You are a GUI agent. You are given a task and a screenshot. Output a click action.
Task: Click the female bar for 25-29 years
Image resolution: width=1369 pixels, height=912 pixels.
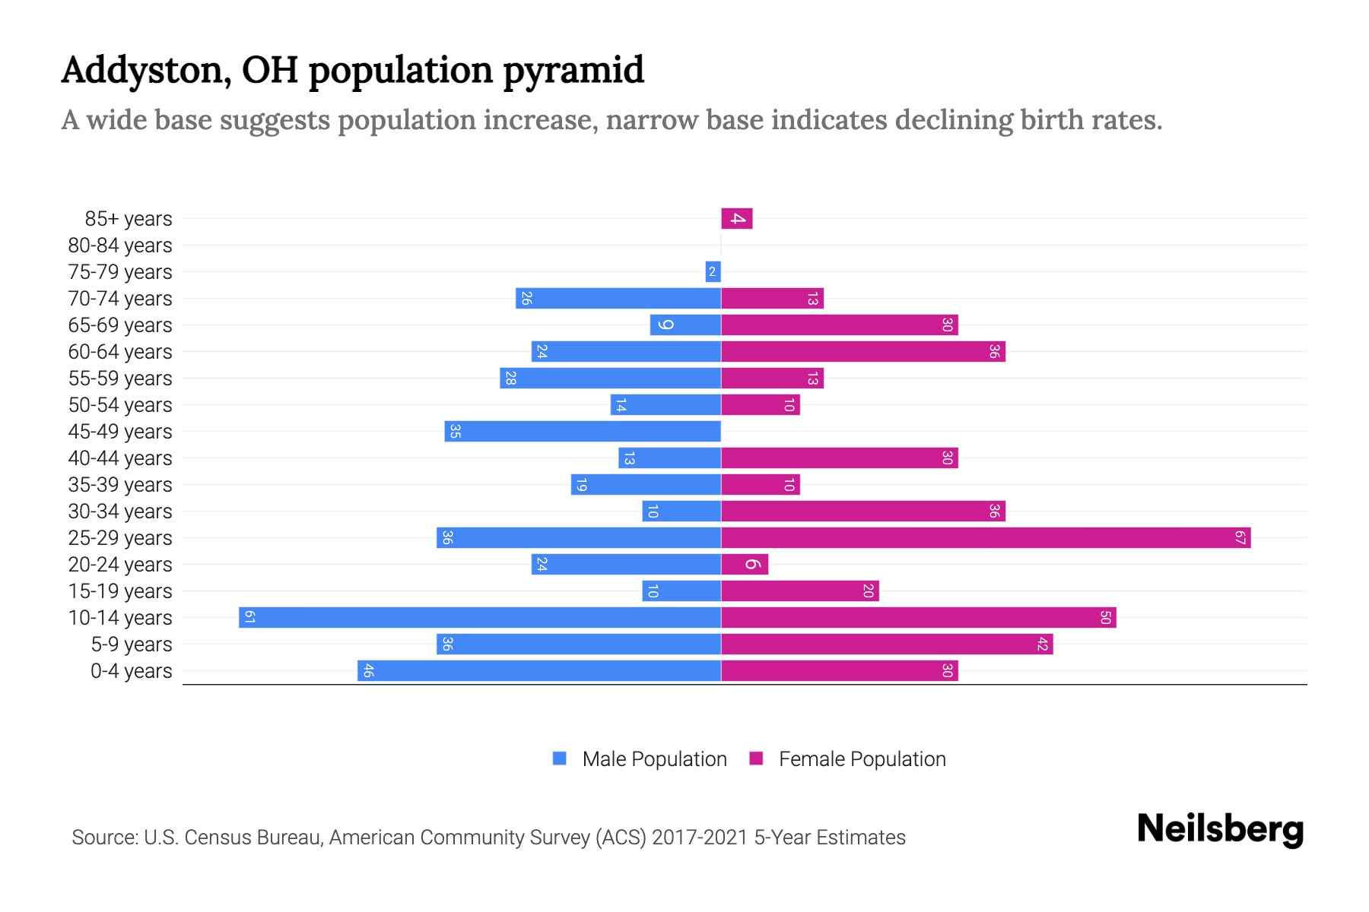tap(985, 538)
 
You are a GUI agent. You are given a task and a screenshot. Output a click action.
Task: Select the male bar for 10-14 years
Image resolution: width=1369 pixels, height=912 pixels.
tap(479, 617)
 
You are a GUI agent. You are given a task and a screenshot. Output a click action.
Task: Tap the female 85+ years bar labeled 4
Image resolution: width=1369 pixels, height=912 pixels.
tap(736, 219)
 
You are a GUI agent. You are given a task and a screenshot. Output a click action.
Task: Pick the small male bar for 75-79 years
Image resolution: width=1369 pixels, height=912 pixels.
tap(713, 272)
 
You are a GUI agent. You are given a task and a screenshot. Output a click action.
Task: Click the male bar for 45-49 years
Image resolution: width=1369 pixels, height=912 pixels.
tap(582, 432)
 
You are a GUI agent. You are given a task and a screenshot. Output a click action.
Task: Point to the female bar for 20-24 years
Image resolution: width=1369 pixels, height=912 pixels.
tap(745, 565)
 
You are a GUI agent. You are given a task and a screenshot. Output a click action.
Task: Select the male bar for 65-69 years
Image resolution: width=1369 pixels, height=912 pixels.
tap(684, 325)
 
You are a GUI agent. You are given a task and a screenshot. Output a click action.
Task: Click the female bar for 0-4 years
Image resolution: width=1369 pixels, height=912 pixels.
tap(839, 671)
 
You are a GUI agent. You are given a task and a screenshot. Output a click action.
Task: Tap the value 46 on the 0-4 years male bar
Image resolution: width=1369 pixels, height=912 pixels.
tap(368, 671)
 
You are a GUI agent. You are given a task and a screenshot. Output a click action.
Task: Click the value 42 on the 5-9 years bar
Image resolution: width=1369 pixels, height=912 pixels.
tap(1043, 644)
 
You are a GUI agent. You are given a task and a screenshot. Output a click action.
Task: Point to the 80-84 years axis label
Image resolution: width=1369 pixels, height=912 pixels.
tap(120, 245)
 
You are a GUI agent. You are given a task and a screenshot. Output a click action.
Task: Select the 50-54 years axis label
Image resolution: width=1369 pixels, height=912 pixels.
tap(120, 405)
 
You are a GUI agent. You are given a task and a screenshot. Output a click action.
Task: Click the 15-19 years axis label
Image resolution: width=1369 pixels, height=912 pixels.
tap(120, 591)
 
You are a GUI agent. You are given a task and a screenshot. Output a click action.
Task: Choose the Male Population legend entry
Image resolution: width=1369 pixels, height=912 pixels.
tap(653, 759)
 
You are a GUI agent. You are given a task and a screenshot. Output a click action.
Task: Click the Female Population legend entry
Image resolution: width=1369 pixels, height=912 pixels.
tap(862, 759)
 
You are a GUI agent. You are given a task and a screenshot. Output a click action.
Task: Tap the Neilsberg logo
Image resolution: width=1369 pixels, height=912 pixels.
tap(1220, 829)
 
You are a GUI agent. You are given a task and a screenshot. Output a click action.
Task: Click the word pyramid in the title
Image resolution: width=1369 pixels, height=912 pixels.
tap(573, 71)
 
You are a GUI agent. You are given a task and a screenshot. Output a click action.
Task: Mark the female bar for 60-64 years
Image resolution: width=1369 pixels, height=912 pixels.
tap(862, 352)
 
